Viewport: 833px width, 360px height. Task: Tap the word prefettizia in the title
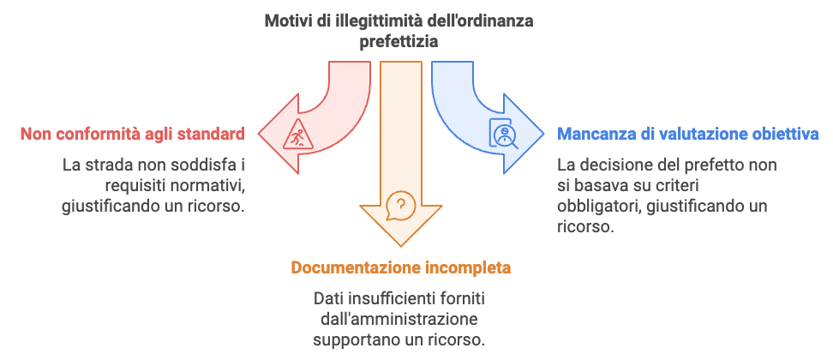tap(399, 40)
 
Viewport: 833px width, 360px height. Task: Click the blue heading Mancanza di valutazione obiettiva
tap(688, 134)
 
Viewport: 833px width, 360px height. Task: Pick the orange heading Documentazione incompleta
tap(400, 267)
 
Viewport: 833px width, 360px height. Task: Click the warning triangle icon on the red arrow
tap(295, 134)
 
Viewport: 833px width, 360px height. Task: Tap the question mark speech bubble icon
tap(399, 206)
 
